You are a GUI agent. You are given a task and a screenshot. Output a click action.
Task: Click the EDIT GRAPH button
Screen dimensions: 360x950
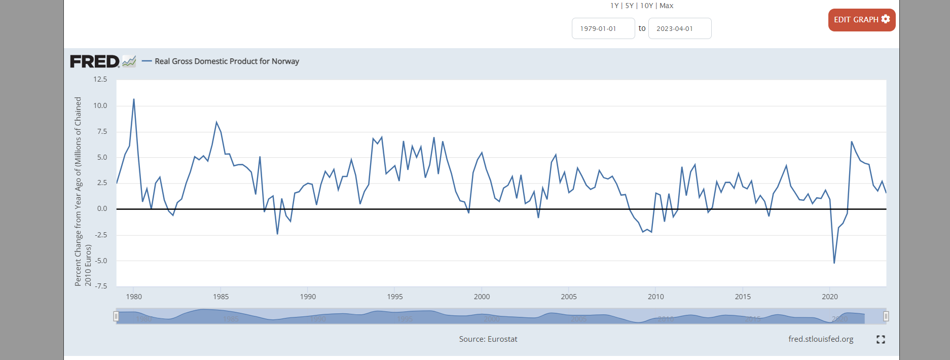click(x=861, y=20)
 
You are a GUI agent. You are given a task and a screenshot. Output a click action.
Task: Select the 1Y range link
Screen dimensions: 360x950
click(x=614, y=6)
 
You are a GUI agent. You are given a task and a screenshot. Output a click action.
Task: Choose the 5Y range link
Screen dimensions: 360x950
click(x=629, y=6)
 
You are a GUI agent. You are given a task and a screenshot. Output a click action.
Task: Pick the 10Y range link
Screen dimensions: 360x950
click(x=646, y=6)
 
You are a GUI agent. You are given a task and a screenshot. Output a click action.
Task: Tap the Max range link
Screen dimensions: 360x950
click(x=667, y=6)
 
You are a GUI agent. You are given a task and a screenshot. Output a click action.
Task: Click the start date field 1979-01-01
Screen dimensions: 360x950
click(x=603, y=28)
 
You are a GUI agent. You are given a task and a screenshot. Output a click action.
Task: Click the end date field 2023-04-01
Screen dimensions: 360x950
click(x=679, y=28)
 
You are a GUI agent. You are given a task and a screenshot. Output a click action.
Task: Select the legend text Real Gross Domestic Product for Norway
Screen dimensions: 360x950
click(x=227, y=61)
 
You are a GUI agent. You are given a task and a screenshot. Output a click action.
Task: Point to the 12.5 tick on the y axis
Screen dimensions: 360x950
click(x=100, y=79)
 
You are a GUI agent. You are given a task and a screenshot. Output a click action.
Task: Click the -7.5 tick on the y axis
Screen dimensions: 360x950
click(x=100, y=286)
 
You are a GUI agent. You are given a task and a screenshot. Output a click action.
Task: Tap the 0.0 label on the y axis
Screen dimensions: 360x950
click(x=102, y=208)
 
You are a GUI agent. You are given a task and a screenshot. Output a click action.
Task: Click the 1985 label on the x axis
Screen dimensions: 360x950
click(x=221, y=297)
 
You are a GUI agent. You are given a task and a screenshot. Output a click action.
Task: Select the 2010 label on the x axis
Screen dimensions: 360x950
click(x=655, y=297)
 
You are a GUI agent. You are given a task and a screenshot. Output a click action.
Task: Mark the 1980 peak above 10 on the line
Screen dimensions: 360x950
click(x=134, y=99)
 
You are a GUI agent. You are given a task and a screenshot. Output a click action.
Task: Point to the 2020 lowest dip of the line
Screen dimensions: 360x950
click(x=834, y=263)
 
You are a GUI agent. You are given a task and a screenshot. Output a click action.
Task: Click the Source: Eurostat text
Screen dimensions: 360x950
click(x=488, y=339)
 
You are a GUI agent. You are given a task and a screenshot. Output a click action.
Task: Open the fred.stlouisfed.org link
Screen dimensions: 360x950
click(x=821, y=339)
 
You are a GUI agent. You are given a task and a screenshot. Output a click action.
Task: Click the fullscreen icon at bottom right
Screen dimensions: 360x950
click(x=881, y=339)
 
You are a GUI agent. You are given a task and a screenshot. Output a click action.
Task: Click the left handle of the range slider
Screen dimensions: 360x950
click(x=116, y=316)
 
